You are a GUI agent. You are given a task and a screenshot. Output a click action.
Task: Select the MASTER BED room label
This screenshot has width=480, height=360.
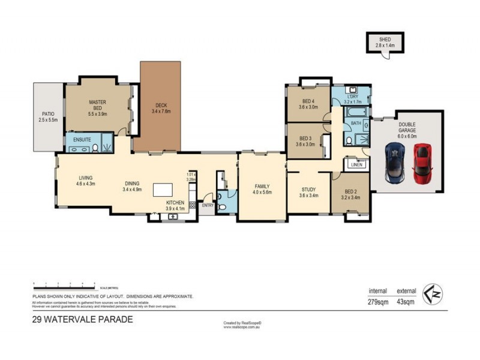tap(97, 103)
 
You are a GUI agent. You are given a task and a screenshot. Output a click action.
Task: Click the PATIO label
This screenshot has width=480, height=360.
tap(47, 113)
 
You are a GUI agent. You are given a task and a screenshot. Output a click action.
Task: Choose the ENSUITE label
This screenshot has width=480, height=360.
tap(82, 139)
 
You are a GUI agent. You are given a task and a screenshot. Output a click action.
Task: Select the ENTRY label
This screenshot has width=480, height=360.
tap(208, 205)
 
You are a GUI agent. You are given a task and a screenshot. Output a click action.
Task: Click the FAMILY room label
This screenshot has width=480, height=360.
tap(262, 186)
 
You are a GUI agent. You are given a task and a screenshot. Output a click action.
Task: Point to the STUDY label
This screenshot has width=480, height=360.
tap(308, 188)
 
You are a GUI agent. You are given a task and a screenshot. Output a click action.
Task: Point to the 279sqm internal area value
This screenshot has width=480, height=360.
tap(379, 302)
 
